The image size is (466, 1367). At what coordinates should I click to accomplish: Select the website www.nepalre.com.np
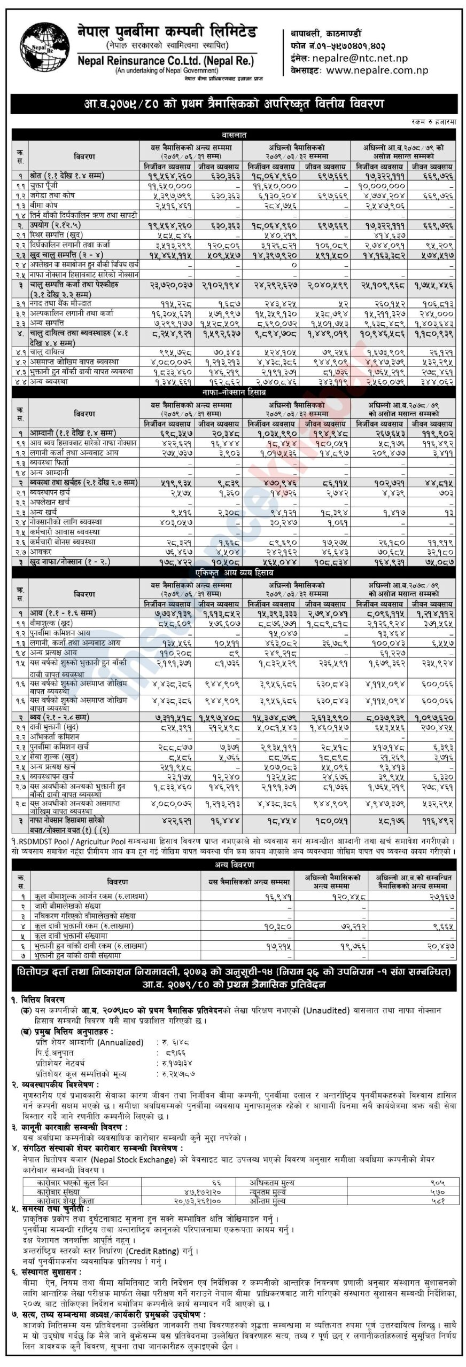[x=377, y=70]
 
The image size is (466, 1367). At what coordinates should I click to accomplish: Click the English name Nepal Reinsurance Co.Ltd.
[x=165, y=60]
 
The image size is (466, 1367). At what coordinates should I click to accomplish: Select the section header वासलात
[x=234, y=136]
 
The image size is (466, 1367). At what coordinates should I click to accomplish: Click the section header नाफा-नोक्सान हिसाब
[x=234, y=392]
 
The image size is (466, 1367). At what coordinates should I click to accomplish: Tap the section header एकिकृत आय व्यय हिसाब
[x=234, y=572]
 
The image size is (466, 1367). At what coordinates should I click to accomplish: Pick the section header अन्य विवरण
[x=234, y=865]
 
